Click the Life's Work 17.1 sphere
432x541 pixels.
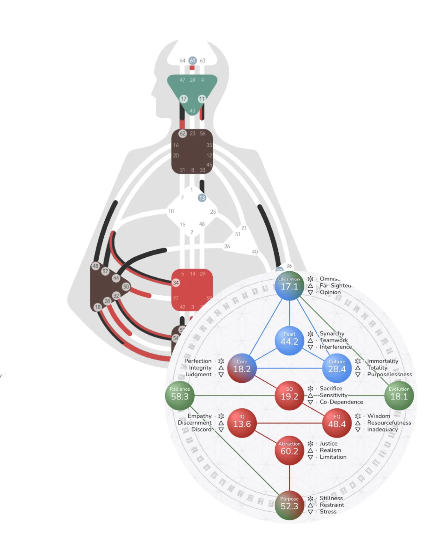point(289,286)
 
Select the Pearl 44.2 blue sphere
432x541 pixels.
point(289,341)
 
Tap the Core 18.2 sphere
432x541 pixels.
point(242,368)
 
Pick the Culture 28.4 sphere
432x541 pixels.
point(337,368)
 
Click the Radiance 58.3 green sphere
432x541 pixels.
point(180,396)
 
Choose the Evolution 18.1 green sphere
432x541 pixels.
point(399,396)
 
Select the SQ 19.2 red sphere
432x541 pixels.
point(289,396)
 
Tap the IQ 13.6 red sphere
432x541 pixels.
point(242,423)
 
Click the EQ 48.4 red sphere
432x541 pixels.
point(337,423)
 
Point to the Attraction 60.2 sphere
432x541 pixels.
point(289,450)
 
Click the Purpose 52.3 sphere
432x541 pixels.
point(289,505)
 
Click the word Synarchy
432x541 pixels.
point(332,333)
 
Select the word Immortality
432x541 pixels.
point(382,361)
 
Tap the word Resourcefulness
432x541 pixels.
point(389,423)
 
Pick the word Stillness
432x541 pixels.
point(331,498)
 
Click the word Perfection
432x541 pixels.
point(198,361)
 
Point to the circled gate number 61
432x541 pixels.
point(192,61)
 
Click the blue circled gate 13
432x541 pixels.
point(202,198)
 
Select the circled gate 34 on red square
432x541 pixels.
point(176,283)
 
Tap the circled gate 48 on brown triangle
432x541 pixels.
point(96,266)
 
